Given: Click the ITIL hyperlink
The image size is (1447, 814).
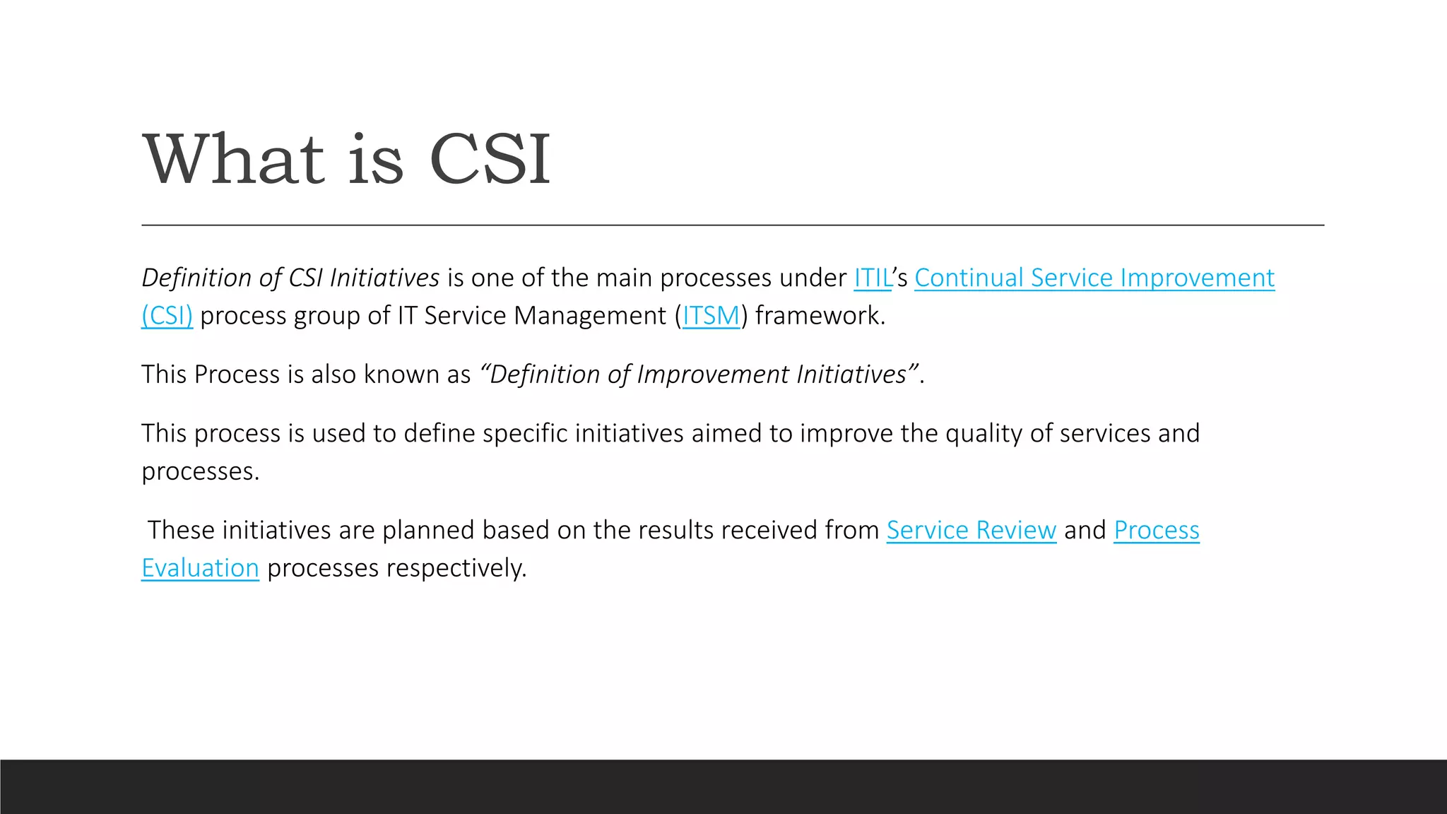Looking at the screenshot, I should click(872, 278).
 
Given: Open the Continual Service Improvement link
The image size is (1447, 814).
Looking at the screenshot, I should click(1094, 278).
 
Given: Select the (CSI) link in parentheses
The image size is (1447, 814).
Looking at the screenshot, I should click(167, 316).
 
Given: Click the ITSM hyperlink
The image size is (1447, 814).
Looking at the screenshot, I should click(711, 316).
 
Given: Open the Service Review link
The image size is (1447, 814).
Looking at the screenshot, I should click(971, 530).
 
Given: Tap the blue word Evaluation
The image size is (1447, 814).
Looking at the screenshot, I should click(200, 568).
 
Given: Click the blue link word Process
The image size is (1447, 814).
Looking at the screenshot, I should click(1157, 530).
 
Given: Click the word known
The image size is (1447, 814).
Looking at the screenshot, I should click(401, 374).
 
